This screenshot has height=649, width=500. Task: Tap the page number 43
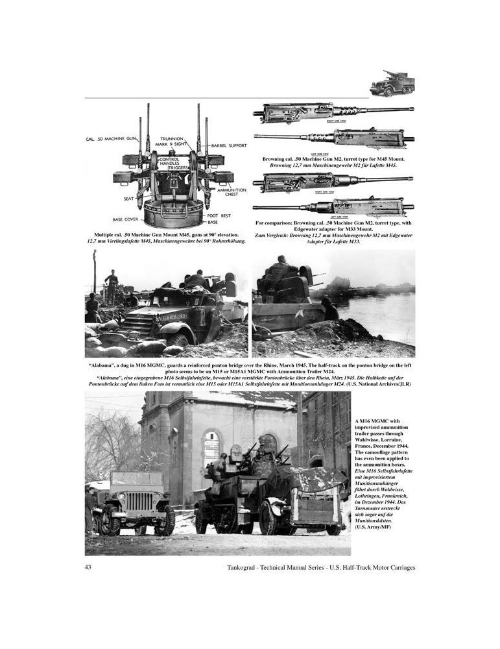click(89, 567)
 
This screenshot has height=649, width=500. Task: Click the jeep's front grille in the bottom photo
click(137, 500)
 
